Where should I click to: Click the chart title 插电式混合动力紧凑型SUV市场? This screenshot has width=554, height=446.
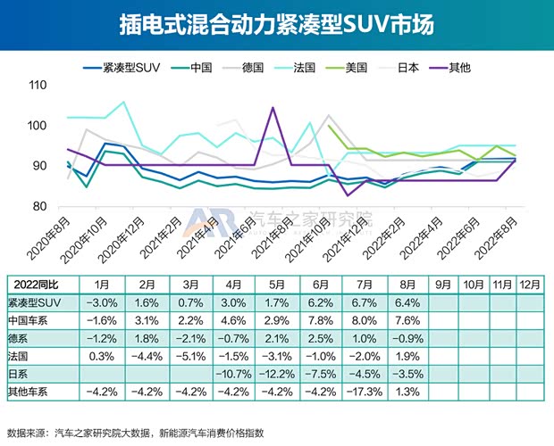click(x=276, y=24)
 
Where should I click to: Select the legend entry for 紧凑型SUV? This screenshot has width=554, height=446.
click(x=126, y=67)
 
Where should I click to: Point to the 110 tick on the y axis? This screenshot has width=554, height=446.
click(x=38, y=86)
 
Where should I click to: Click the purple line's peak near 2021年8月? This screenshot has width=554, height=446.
click(x=272, y=108)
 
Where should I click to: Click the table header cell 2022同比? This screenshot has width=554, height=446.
click(x=41, y=285)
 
